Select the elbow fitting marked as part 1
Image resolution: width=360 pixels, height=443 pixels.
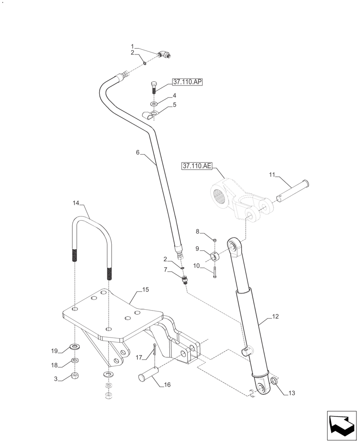(x=166, y=55)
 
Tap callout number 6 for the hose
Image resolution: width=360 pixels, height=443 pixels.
(x=137, y=152)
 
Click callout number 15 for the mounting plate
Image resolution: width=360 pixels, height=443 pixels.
(x=145, y=289)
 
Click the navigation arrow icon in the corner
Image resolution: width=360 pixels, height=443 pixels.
(x=341, y=424)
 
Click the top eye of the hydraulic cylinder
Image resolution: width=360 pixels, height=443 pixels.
(x=234, y=246)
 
